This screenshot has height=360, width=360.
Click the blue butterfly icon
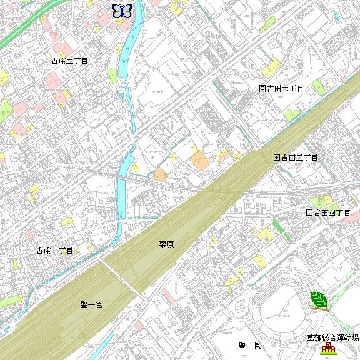coord(122,10)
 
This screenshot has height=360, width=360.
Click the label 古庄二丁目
coord(69,61)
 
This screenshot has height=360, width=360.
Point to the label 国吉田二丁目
coord(281,89)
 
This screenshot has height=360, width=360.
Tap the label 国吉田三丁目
coord(296,158)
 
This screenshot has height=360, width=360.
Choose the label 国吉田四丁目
coord(327,213)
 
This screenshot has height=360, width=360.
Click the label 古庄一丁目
coord(55,251)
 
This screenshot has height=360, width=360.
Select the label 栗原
coord(166,245)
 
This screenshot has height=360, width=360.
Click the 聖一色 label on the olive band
coord(91,305)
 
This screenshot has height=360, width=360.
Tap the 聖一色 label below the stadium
coord(249,346)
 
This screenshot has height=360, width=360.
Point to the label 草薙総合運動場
coord(332,338)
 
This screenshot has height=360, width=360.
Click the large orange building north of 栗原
coord(200,160)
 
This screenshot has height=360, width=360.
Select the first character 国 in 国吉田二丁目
coord(263,89)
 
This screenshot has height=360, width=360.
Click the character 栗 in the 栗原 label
coord(162,245)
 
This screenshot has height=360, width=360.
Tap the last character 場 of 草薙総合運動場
coord(356,338)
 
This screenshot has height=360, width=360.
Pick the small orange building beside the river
coord(160,174)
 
